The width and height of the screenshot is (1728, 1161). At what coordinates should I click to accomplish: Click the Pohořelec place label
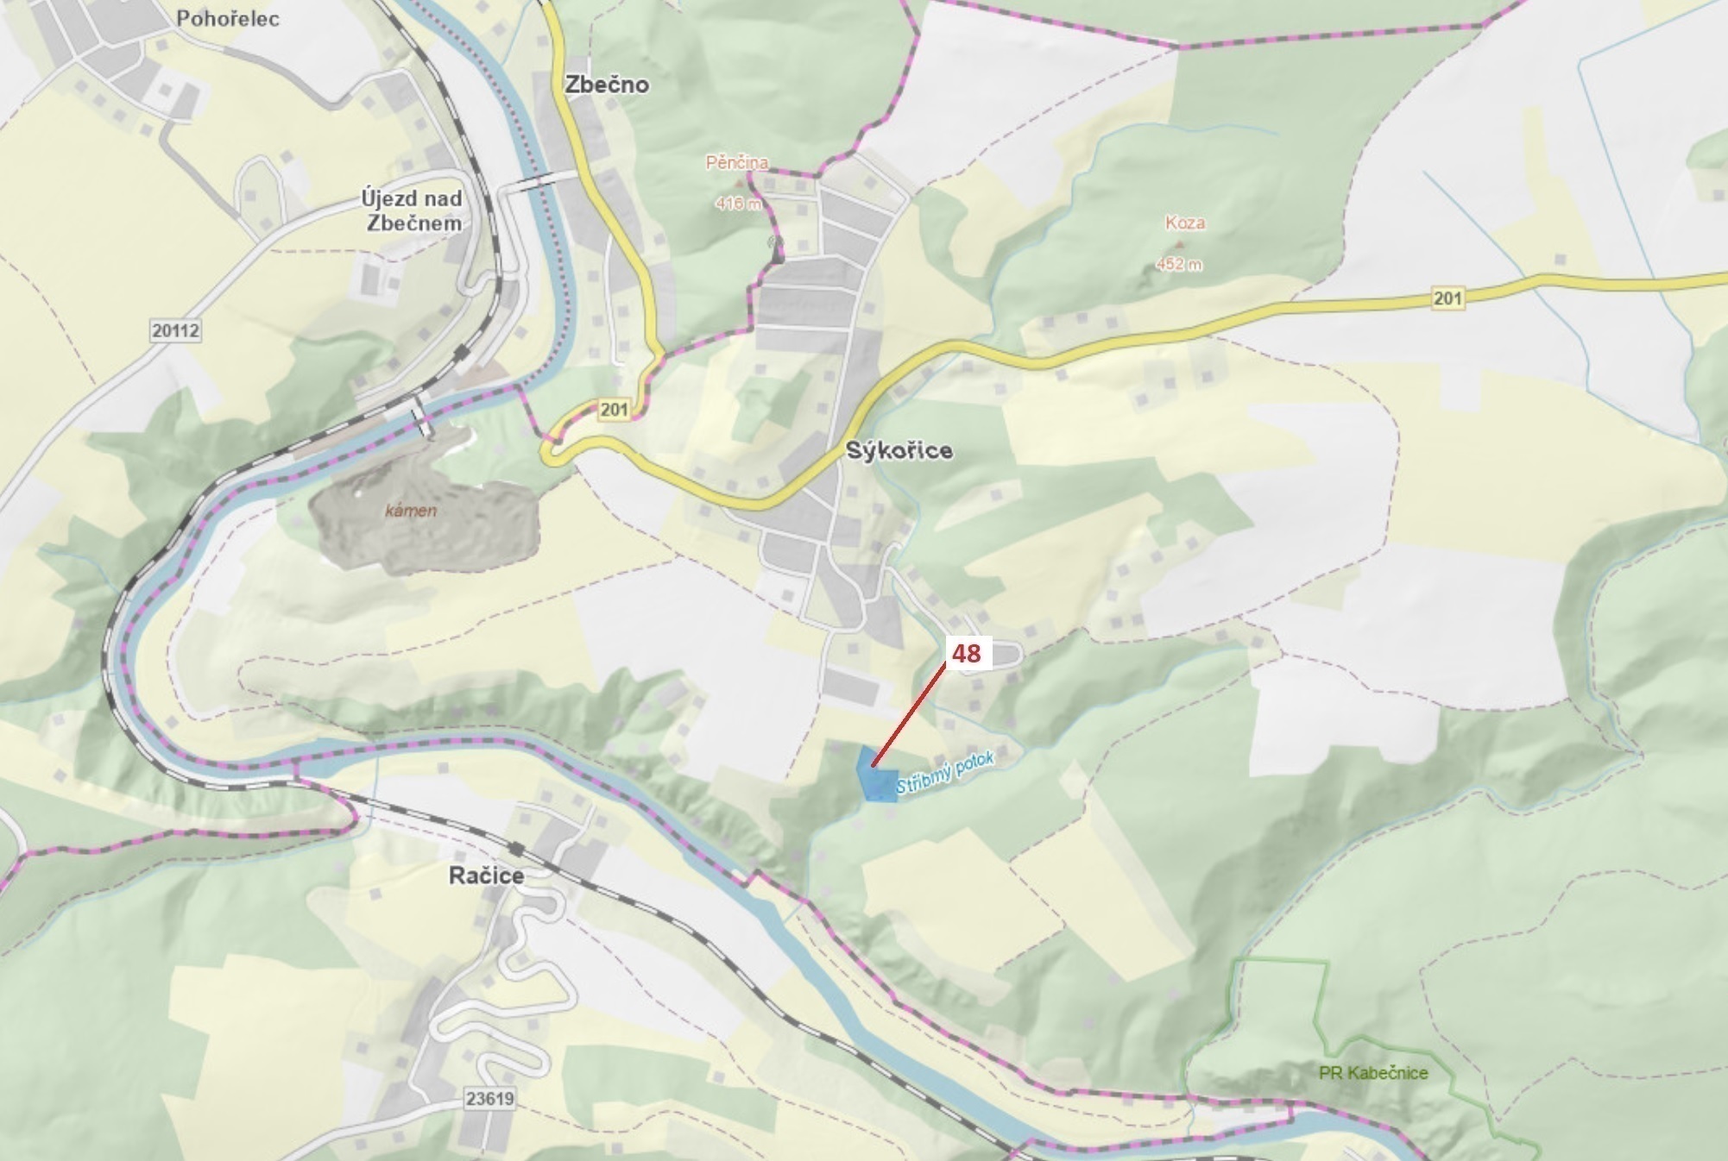click(x=227, y=18)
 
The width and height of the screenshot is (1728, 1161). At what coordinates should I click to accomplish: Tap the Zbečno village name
click(x=606, y=85)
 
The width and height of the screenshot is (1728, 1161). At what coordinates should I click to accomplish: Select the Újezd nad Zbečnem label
click(x=412, y=210)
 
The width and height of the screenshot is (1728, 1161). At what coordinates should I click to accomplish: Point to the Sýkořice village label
click(x=899, y=450)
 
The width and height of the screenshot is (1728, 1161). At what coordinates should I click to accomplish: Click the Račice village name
click(x=486, y=875)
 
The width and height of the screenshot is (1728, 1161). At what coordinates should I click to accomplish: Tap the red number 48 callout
click(x=966, y=653)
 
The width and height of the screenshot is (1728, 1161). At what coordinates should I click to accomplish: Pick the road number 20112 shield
click(x=175, y=330)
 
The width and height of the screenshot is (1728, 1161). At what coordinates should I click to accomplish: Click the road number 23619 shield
click(x=489, y=1099)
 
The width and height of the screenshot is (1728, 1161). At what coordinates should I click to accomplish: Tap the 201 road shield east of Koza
click(x=1447, y=298)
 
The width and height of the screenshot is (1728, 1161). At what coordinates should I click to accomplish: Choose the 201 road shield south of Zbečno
click(x=614, y=409)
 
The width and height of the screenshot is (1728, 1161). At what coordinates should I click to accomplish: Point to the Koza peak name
click(x=1184, y=223)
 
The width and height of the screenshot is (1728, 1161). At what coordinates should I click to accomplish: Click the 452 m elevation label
click(x=1178, y=264)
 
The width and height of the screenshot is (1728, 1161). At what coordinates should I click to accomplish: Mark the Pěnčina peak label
click(x=736, y=162)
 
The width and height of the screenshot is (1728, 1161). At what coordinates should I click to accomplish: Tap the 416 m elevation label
click(x=738, y=204)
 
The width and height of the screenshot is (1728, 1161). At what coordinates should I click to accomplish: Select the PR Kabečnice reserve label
click(x=1372, y=1073)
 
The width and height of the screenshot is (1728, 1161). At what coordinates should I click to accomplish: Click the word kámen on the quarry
click(x=411, y=511)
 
